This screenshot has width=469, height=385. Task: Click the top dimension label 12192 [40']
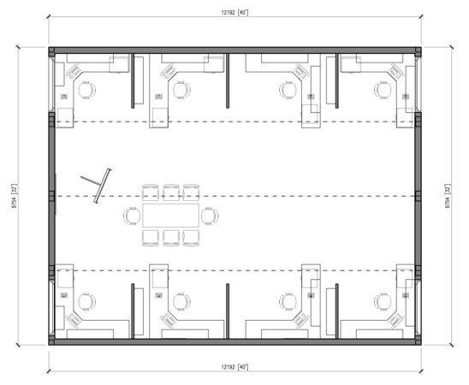tap(234, 12)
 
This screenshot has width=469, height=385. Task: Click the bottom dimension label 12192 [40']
tap(234, 367)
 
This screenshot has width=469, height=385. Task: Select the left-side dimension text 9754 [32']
tap(14, 196)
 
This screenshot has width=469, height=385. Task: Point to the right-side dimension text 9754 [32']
tap(448, 196)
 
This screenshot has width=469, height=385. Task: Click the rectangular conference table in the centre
tap(171, 216)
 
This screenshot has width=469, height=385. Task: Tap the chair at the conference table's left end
tap(132, 216)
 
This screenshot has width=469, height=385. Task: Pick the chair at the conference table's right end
tap(210, 216)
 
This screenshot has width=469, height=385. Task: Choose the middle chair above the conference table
tap(171, 192)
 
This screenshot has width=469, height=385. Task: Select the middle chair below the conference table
tap(171, 238)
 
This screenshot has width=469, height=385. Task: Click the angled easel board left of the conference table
tap(103, 186)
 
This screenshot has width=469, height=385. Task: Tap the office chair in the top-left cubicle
tap(87, 90)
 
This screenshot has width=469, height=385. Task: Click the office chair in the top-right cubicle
tap(383, 90)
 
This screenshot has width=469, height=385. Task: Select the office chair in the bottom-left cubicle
tap(87, 302)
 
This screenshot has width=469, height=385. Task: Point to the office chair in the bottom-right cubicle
tap(383, 302)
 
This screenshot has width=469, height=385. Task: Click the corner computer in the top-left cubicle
tap(74, 72)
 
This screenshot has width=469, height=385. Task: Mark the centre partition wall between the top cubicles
tap(228, 80)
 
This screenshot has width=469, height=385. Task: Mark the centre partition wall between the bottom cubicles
tap(228, 311)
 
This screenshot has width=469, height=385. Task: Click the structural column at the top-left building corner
tap(51, 50)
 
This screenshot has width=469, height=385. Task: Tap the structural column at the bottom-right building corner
tap(419, 341)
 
